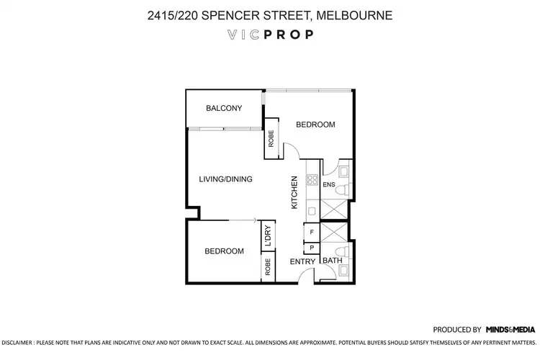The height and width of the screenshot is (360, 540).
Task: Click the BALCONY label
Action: pyautogui.click(x=223, y=109)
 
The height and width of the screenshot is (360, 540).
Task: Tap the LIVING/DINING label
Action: pyautogui.click(x=225, y=179)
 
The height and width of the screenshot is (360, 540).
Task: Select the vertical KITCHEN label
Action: pyautogui.click(x=294, y=193)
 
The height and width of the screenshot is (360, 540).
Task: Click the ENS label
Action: pyautogui.click(x=329, y=185)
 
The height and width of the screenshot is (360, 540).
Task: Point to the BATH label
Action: pyautogui.click(x=332, y=261)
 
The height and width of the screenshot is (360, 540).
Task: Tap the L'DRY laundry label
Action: pyautogui.click(x=267, y=236)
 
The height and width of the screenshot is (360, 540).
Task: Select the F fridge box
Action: pyautogui.click(x=311, y=233)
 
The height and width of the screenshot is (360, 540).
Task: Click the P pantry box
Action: pyautogui.click(x=311, y=248)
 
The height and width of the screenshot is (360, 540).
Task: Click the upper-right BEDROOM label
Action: pyautogui.click(x=315, y=125)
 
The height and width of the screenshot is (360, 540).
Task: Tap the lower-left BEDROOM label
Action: pyautogui.click(x=224, y=251)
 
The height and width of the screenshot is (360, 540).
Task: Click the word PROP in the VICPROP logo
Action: pyautogui.click(x=290, y=34)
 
